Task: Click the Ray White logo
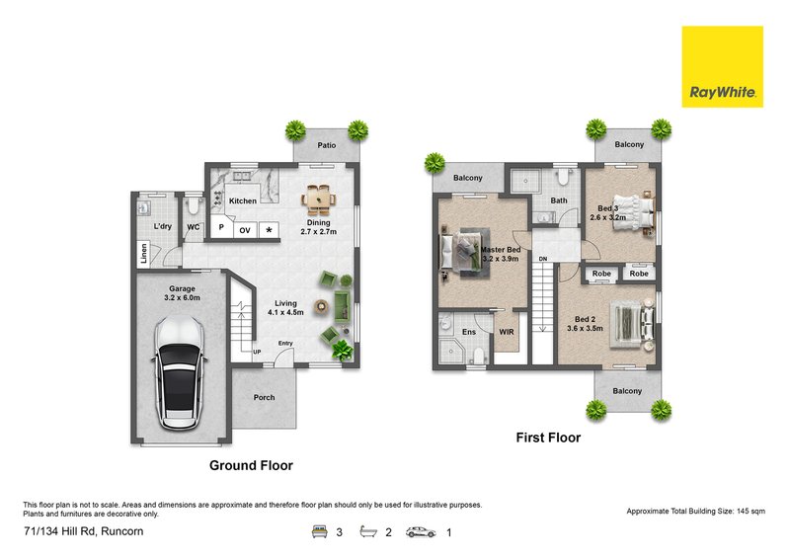click(722, 66)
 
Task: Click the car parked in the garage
click(180, 373)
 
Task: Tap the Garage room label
click(182, 288)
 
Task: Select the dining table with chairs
click(318, 200)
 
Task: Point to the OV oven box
click(245, 230)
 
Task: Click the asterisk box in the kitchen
click(269, 230)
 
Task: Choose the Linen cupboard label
click(143, 253)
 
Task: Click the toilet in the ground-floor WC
click(193, 205)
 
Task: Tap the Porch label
click(264, 397)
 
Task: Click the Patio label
click(327, 145)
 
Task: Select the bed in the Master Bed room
click(465, 252)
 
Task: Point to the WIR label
click(507, 332)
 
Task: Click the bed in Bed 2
click(632, 324)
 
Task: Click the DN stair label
click(542, 259)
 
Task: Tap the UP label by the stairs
click(257, 352)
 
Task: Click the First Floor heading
click(548, 438)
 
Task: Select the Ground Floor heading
click(251, 465)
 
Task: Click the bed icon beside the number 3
click(319, 531)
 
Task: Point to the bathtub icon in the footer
click(368, 531)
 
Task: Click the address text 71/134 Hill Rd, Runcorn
click(84, 531)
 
